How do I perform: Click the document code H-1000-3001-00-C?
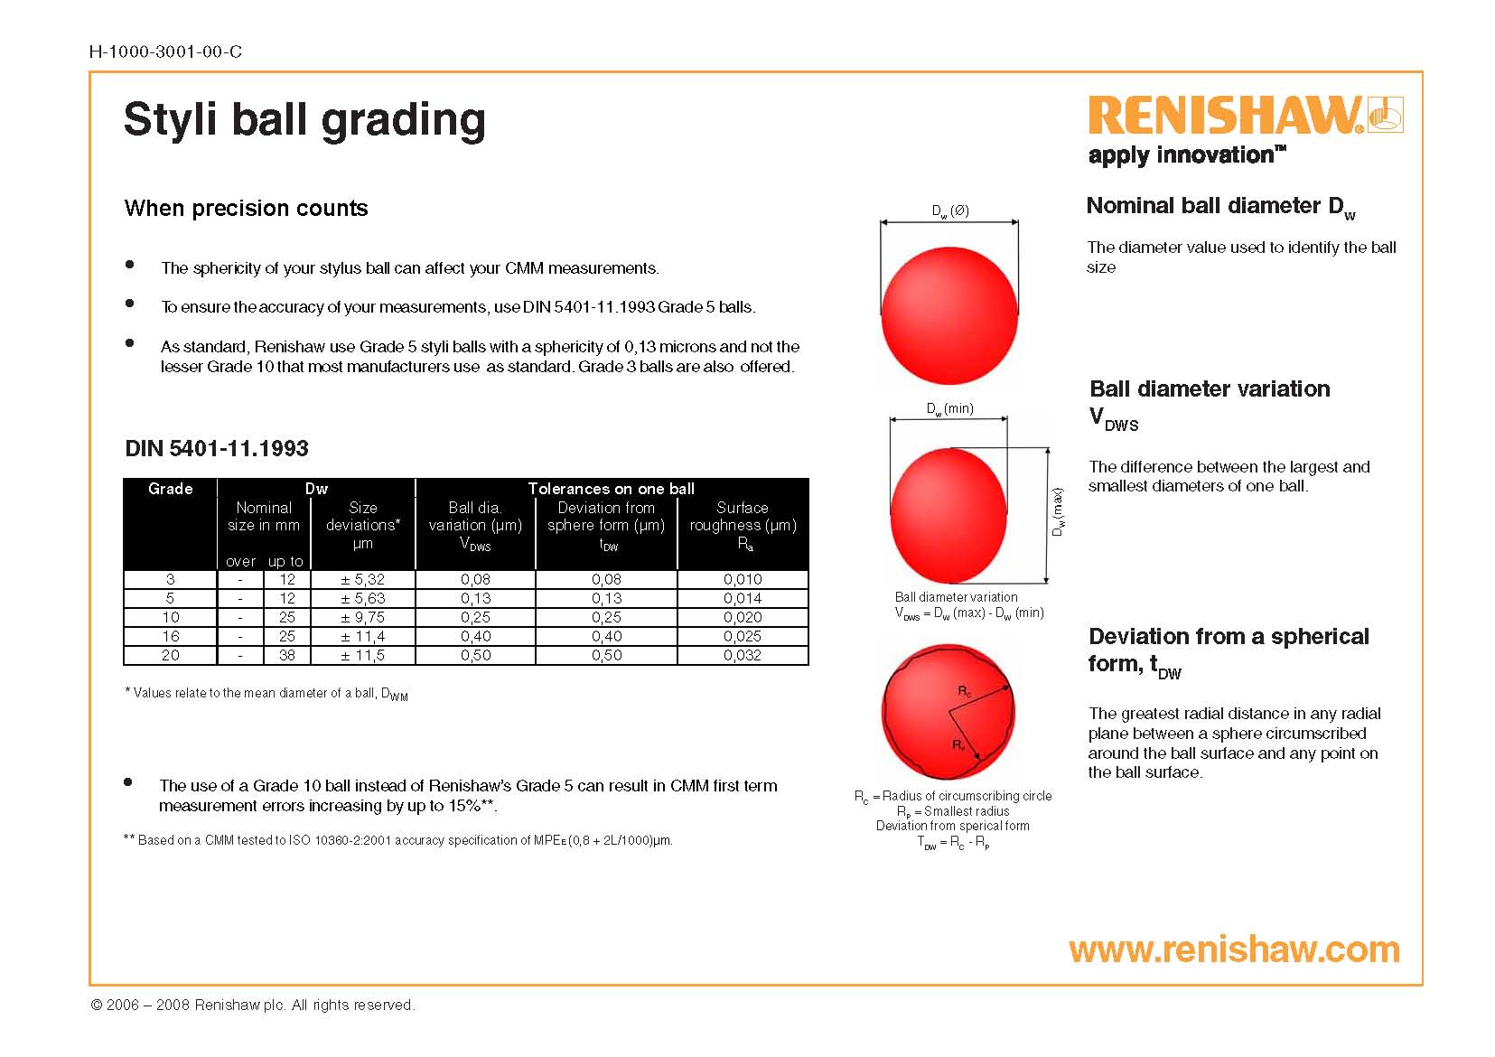(165, 51)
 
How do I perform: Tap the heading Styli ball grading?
(304, 120)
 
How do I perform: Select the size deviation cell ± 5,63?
(363, 599)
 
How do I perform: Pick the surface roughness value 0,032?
(743, 655)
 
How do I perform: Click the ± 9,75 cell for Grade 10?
(363, 617)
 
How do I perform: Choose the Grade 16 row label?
(170, 637)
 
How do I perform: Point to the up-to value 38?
(287, 655)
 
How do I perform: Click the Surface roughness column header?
(743, 526)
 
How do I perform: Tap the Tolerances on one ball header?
(612, 489)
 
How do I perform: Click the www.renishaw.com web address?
(1234, 949)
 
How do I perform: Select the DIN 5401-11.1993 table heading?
(217, 448)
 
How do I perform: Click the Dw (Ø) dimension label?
(949, 211)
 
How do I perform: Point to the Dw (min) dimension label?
(949, 408)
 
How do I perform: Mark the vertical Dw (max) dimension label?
(1058, 512)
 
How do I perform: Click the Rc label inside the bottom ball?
(965, 691)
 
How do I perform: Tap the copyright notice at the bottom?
(252, 1005)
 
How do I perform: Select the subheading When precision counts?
(247, 208)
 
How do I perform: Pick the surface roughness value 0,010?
(743, 579)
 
